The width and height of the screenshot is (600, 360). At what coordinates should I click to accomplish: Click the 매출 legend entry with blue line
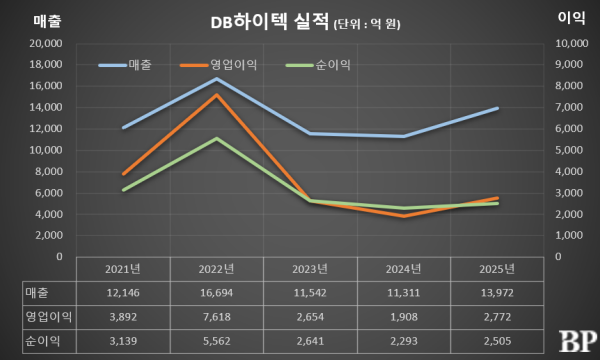(129, 65)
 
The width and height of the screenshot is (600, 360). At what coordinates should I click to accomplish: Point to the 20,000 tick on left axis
(46, 43)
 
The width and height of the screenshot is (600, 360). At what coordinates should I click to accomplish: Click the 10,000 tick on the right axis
(568, 43)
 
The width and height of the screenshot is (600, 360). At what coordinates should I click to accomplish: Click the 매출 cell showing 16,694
(215, 291)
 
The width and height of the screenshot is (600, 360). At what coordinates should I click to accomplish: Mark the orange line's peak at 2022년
(217, 95)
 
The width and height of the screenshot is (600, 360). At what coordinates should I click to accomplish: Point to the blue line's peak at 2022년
(217, 78)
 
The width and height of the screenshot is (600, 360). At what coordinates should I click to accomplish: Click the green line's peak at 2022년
(217, 138)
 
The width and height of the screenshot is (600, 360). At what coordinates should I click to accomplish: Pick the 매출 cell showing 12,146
(123, 291)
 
